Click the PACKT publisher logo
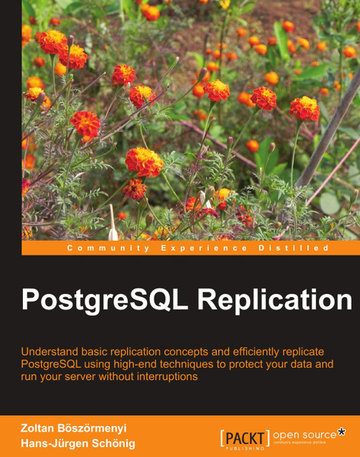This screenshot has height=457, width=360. pyautogui.click(x=244, y=438)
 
